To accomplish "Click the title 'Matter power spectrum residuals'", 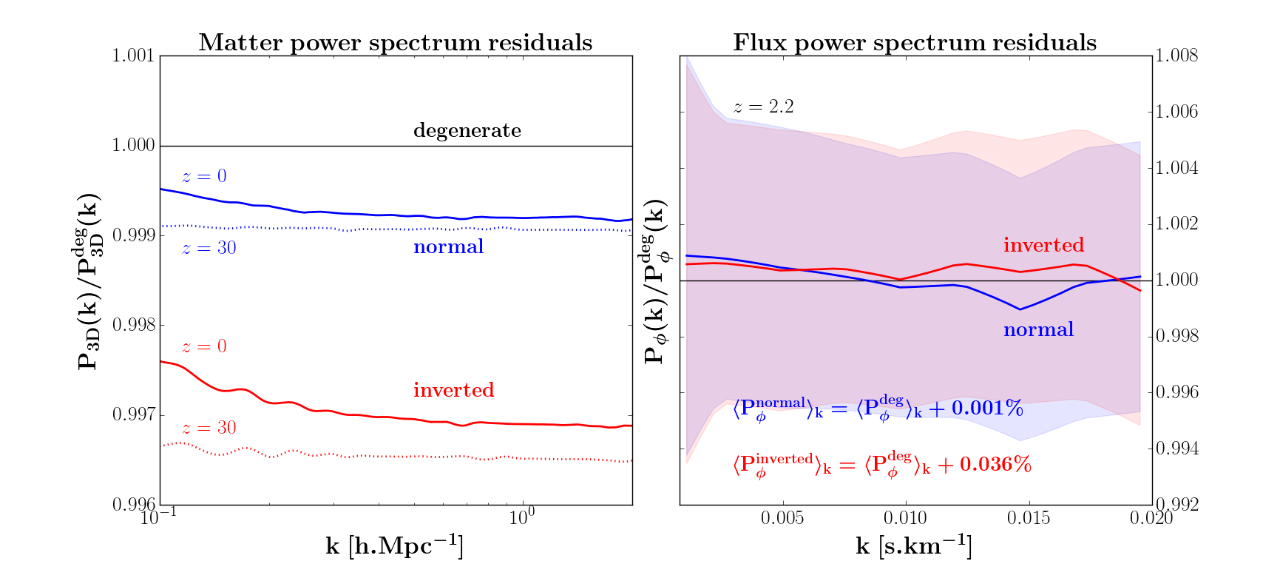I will point(395,43).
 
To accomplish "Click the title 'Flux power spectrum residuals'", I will point(915,43).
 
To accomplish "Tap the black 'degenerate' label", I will point(467,131).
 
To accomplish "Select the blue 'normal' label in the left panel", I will point(448,246).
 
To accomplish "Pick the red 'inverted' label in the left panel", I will point(453,390).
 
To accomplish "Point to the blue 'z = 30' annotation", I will point(209,248).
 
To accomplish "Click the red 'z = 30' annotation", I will point(209,428).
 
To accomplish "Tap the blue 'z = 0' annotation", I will point(204,176).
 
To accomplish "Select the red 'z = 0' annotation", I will point(204,346).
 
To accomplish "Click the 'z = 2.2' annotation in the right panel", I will point(764,107).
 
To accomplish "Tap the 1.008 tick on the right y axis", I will point(1176,56).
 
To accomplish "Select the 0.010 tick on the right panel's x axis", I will point(905,518).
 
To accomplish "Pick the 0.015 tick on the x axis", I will point(1029,518).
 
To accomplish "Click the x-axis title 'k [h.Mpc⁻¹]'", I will point(395,546).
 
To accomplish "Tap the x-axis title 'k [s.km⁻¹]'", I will point(914,546).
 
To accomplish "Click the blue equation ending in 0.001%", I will point(878,409).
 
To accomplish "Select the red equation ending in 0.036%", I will point(881,465).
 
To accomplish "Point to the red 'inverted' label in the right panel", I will point(1043,245).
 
